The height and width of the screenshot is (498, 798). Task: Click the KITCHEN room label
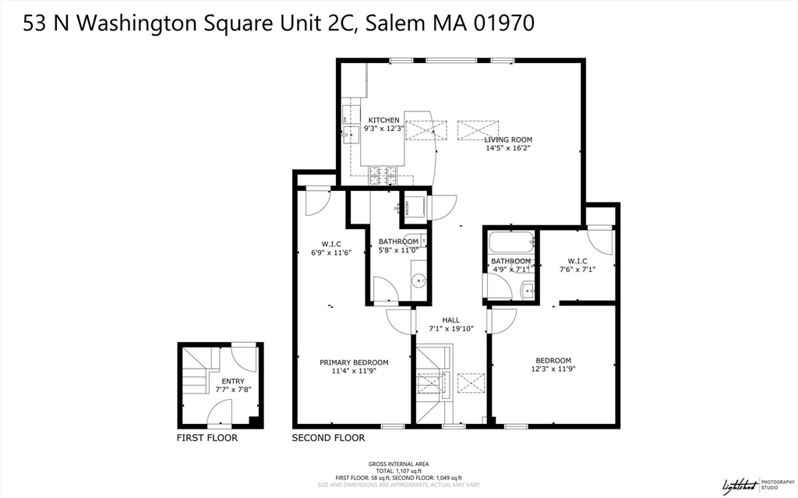point(383,120)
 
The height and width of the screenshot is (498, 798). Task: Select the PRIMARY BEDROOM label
point(354,362)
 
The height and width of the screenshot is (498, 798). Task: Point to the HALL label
point(450,320)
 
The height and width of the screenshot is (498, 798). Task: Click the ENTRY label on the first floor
point(233,381)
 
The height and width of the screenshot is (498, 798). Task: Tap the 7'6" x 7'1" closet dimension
point(577,270)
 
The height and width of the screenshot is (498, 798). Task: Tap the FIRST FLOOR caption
point(207,438)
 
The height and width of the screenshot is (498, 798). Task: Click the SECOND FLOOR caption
point(328,438)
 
